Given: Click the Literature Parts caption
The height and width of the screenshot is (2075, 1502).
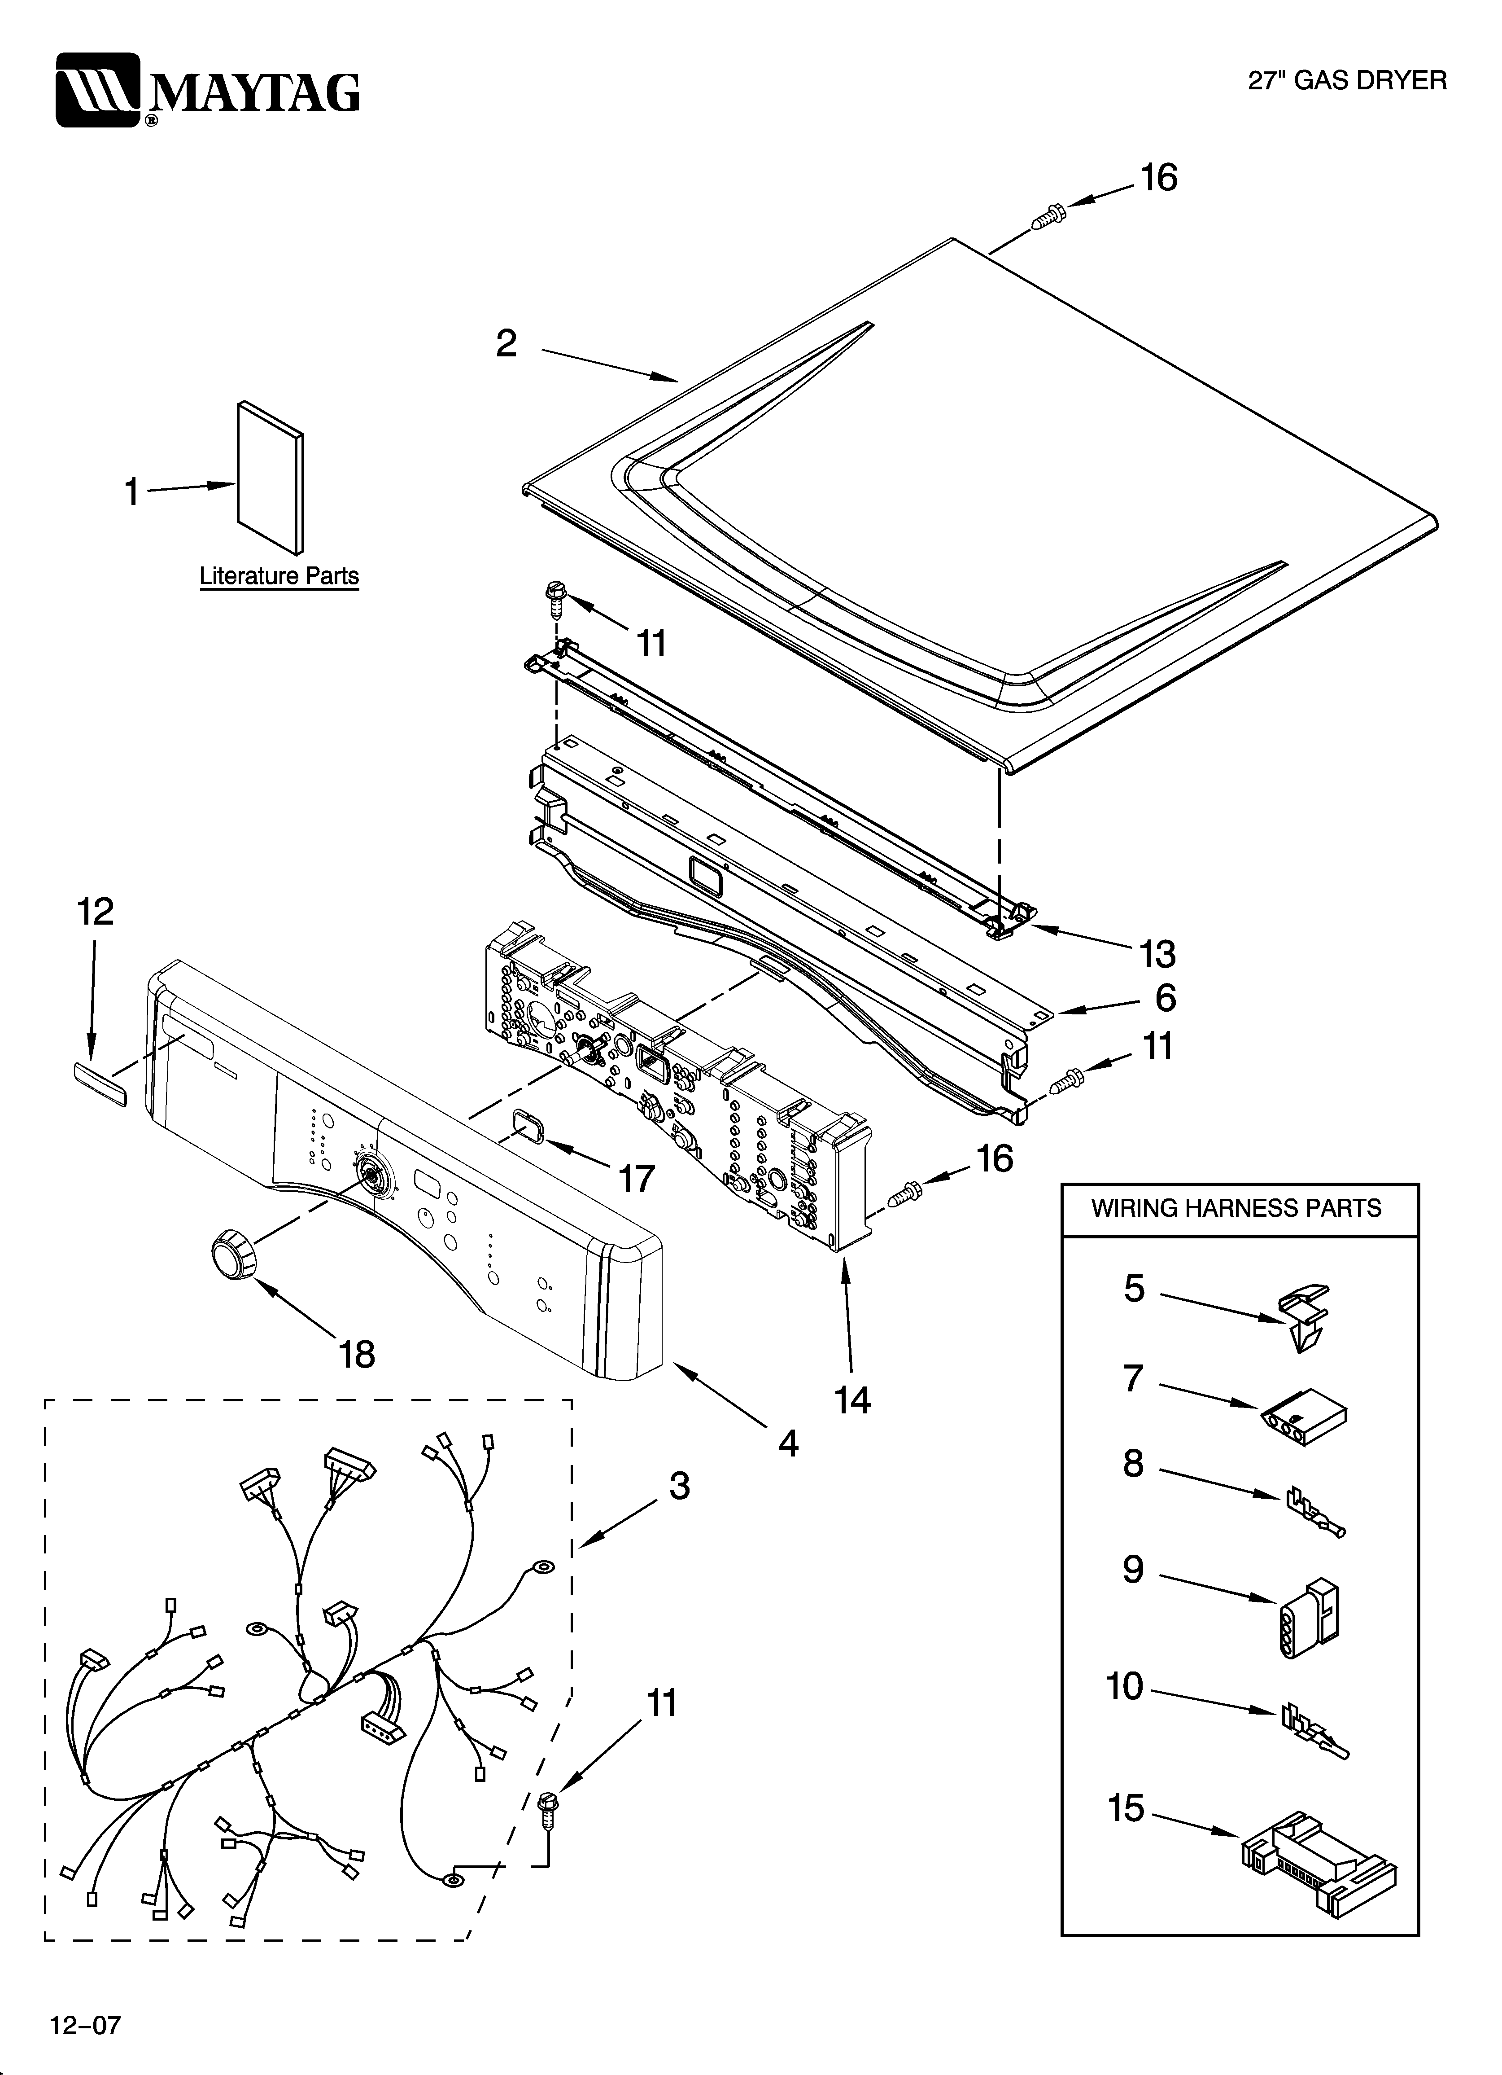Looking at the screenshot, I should pyautogui.click(x=279, y=576).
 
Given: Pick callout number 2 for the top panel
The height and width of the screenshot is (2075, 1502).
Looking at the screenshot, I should pyautogui.click(x=506, y=344).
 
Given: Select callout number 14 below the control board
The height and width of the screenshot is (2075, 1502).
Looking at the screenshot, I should pyautogui.click(x=852, y=1400).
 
